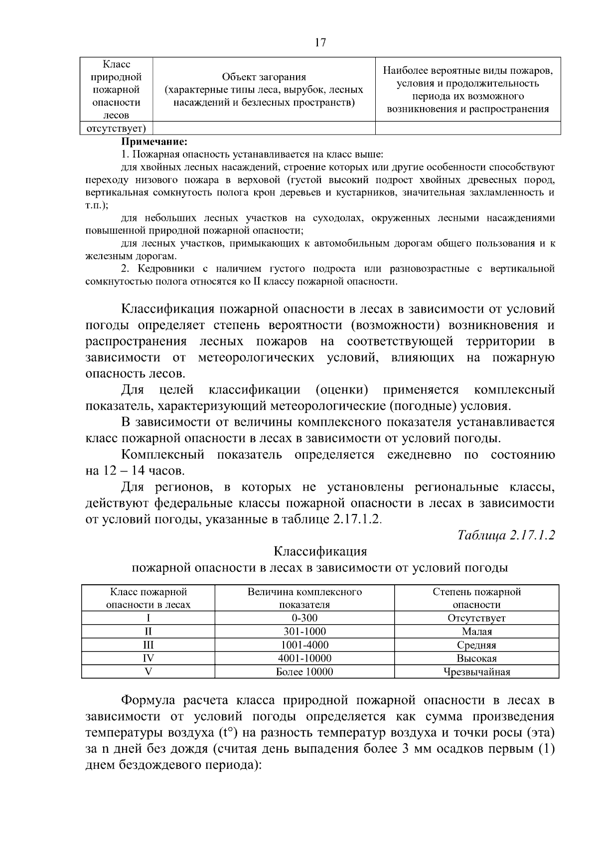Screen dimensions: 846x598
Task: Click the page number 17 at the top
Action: [x=320, y=42]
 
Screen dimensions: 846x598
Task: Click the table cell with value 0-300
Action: [x=304, y=618]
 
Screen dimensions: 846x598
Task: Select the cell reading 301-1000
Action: [x=304, y=631]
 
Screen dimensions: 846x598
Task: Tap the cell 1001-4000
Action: [x=304, y=645]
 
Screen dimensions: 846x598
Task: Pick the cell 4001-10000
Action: [x=304, y=658]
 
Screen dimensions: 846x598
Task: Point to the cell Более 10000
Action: [x=304, y=672]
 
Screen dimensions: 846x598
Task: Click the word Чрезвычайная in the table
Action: [x=476, y=672]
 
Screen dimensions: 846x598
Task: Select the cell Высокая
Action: [x=476, y=658]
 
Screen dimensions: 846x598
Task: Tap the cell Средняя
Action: [x=476, y=645]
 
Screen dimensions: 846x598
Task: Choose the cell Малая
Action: [x=476, y=631]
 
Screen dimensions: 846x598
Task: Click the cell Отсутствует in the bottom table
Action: [x=476, y=618]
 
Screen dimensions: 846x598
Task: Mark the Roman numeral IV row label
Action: [x=148, y=658]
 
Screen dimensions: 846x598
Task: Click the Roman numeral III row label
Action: [x=148, y=645]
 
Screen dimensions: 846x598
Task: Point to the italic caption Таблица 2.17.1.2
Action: [x=506, y=535]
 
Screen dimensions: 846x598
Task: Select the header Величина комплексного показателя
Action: [x=304, y=598]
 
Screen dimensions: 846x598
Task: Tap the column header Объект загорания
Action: [x=264, y=77]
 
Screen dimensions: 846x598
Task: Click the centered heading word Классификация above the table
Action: [x=320, y=551]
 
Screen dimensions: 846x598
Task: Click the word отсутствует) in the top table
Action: [x=117, y=129]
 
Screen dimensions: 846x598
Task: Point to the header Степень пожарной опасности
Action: [x=476, y=598]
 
